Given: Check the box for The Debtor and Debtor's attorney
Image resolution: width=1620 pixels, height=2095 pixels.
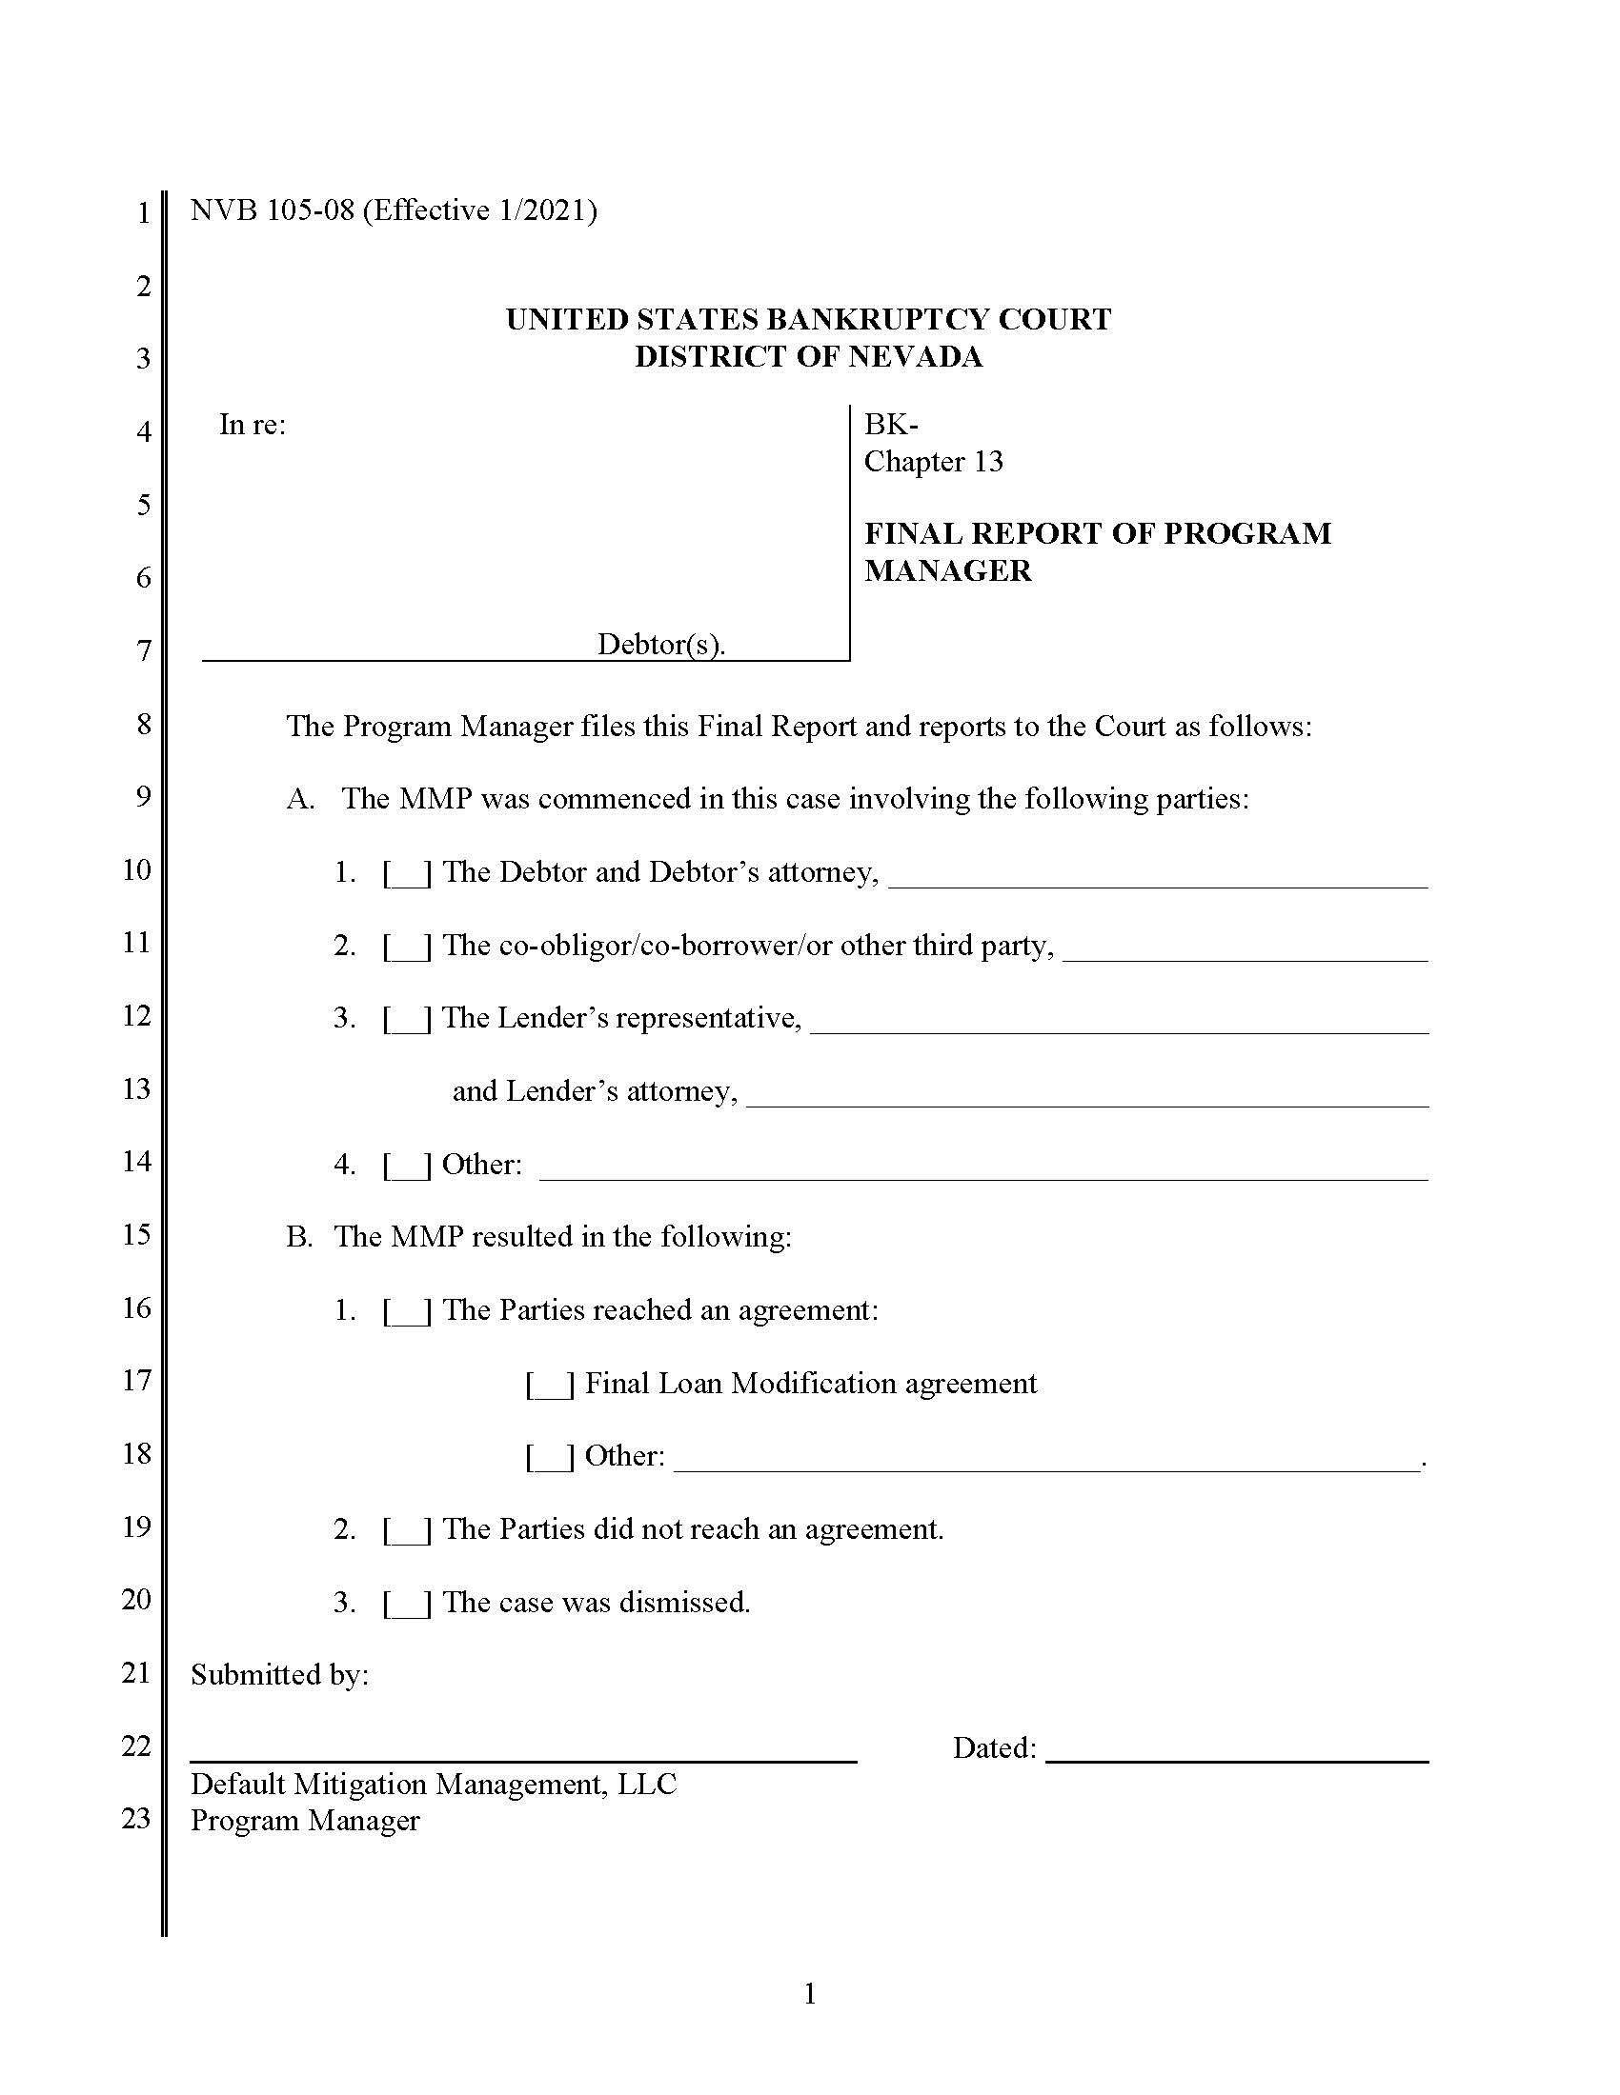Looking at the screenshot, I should click(407, 874).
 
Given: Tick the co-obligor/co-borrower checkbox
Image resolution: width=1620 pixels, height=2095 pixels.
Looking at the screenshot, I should click(407, 947).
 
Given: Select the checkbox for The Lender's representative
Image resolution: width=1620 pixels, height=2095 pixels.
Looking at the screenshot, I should click(407, 1020).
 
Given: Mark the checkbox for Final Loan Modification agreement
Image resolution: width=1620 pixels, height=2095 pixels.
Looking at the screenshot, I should click(550, 1386).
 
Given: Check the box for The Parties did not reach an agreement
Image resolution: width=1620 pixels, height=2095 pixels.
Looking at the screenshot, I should click(407, 1531).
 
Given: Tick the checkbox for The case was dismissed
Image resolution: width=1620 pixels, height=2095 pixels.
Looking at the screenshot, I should click(407, 1604).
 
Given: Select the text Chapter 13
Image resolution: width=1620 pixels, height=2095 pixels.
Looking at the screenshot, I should click(933, 463).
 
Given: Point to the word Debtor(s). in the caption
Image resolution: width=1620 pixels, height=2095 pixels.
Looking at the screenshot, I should click(660, 644).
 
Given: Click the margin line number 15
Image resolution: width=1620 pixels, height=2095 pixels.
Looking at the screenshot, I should click(136, 1234).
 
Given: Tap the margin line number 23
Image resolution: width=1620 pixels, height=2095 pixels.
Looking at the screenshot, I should click(136, 1819).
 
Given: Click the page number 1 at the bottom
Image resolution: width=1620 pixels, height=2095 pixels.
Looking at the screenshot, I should click(809, 1993).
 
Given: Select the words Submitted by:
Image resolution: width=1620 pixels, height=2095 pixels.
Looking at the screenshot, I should click(279, 1676).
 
